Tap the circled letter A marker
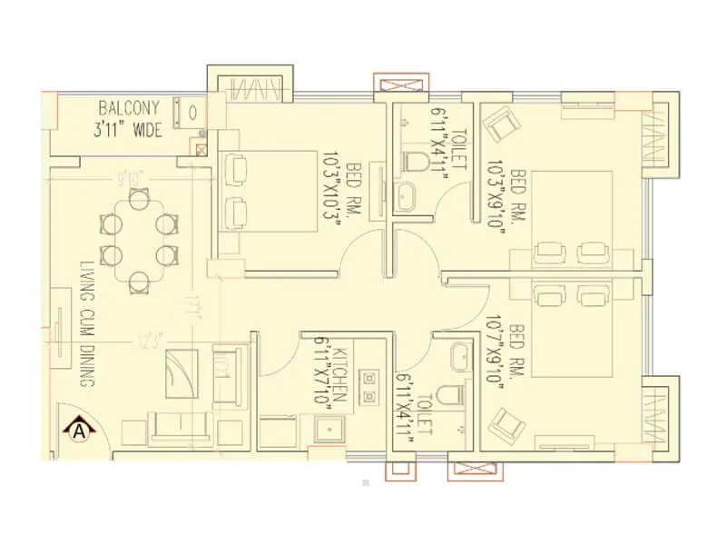coord(81,426)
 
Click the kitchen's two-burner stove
coord(369,386)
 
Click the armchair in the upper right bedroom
coord(500,123)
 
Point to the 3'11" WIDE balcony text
coord(127,131)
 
